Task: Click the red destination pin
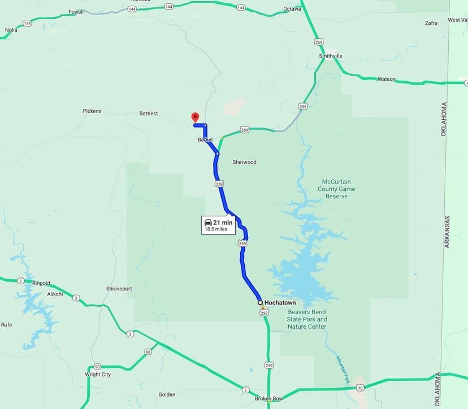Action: coord(195,118)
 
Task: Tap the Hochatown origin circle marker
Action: coord(260,303)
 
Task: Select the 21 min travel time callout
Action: coord(219,225)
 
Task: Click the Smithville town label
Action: coord(331,56)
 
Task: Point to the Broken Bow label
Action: coord(269,398)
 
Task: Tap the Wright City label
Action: coord(98,375)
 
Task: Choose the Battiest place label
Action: coord(149,114)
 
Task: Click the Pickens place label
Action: coord(92,111)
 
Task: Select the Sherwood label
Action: coord(244,162)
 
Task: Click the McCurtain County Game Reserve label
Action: coord(336,189)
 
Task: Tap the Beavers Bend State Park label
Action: coord(307,319)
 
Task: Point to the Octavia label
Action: coord(292,10)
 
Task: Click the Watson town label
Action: coord(387,79)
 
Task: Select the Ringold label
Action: coord(41,283)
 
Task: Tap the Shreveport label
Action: coord(119,289)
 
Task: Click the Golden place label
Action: coord(167,394)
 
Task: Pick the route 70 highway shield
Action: coord(360,388)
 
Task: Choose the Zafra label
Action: coord(431,23)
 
